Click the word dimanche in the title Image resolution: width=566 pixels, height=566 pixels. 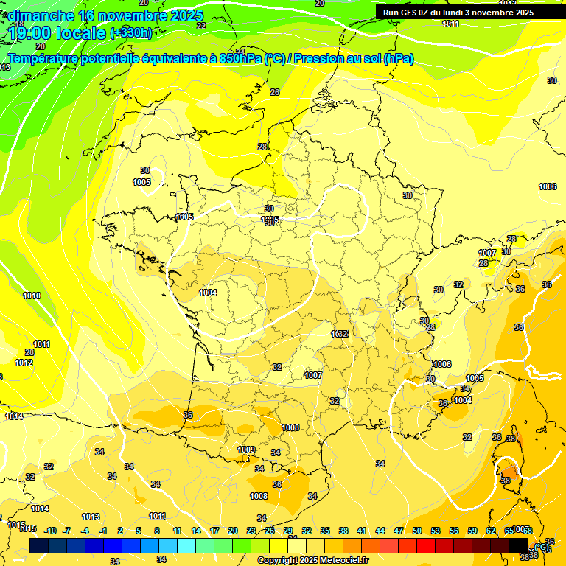[41, 15]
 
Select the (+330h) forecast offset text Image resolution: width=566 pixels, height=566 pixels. [131, 33]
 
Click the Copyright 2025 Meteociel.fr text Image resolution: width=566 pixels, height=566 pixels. [312, 560]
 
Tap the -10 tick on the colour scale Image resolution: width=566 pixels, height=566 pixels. [50, 531]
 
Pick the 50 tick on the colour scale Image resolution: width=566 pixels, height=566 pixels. [417, 531]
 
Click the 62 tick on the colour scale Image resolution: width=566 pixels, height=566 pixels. [491, 531]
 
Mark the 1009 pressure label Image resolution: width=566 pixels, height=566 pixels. [246, 450]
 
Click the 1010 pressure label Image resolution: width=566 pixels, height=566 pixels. [32, 296]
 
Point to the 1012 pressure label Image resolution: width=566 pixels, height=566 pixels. [24, 363]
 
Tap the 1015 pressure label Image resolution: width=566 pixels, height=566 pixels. [16, 525]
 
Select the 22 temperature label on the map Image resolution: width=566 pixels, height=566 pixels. [201, 26]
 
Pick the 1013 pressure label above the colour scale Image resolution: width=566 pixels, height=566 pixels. [91, 517]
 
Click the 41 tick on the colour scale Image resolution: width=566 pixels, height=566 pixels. [362, 531]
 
